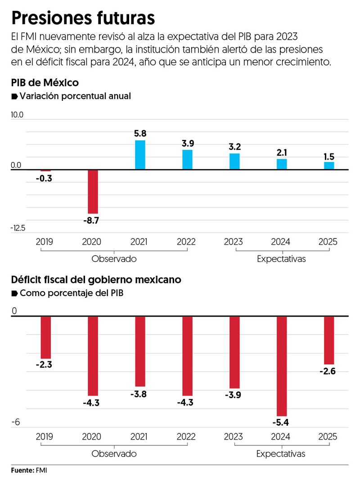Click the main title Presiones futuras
[x=83, y=18]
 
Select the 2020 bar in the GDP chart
[x=93, y=191]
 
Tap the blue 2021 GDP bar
[x=140, y=155]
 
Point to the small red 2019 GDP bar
[x=45, y=171]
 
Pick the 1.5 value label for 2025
[x=329, y=157]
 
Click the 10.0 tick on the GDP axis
[x=17, y=115]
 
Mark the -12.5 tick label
[x=18, y=228]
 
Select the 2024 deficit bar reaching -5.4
[x=282, y=366]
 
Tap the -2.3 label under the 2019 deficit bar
[x=44, y=365]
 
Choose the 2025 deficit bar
[x=329, y=340]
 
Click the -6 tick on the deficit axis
[x=17, y=422]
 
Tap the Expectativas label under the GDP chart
[x=281, y=259]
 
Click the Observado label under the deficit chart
[x=114, y=454]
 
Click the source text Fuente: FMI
[x=29, y=470]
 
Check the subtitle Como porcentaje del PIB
[x=71, y=293]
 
